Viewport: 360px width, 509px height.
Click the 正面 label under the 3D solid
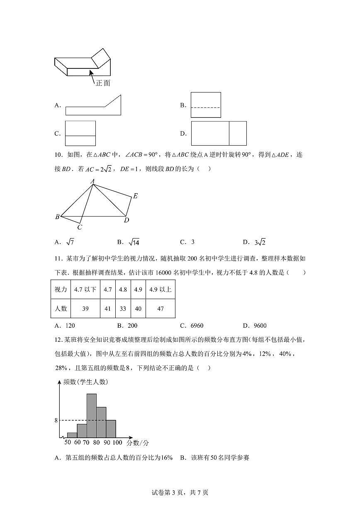coord(103,83)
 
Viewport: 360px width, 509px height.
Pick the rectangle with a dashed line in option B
coord(206,105)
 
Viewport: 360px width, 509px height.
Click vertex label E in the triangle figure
coord(135,196)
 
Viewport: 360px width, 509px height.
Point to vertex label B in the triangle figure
coord(57,217)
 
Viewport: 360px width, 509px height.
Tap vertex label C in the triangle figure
coord(80,227)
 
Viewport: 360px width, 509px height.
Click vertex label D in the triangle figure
coord(126,220)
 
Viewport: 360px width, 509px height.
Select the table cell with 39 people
coord(85,309)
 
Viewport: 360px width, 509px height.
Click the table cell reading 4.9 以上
coord(160,290)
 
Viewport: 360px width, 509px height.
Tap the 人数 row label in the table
coord(61,309)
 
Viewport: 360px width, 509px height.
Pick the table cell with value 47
coord(160,309)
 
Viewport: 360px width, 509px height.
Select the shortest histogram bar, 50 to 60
coord(72,435)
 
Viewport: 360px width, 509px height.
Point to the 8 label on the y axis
coord(56,421)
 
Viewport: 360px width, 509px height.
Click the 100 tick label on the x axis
coord(117,443)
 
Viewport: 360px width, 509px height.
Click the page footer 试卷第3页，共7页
coord(180,492)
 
